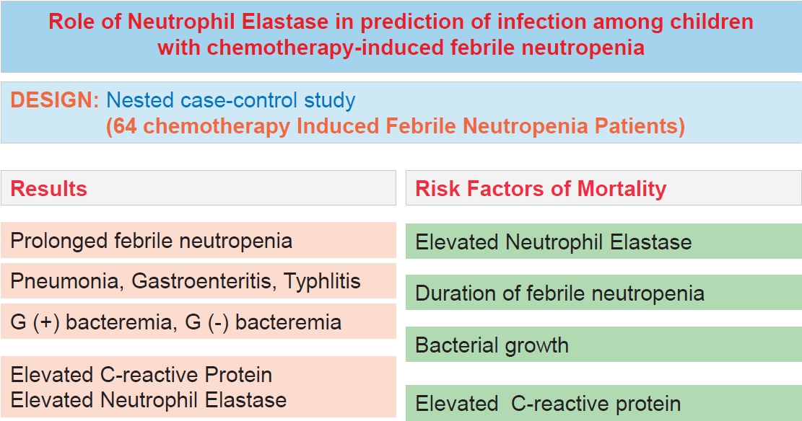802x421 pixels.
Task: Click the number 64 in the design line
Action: [x=125, y=125]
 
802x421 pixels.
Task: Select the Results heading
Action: [x=48, y=189]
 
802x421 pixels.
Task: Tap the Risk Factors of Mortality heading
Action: [x=541, y=189]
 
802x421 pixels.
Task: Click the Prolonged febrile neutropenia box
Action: [x=199, y=240]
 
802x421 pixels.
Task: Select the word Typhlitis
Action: [x=322, y=281]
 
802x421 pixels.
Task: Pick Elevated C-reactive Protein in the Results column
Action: [x=141, y=375]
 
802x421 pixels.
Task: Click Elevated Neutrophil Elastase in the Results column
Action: [x=148, y=400]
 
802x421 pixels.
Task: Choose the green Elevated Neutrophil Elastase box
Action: [x=603, y=241]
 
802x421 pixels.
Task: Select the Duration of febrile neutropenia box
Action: [x=603, y=292]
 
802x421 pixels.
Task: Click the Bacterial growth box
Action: [x=603, y=345]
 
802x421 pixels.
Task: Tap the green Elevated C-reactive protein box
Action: [x=603, y=403]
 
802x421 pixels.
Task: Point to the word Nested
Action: [x=139, y=100]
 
